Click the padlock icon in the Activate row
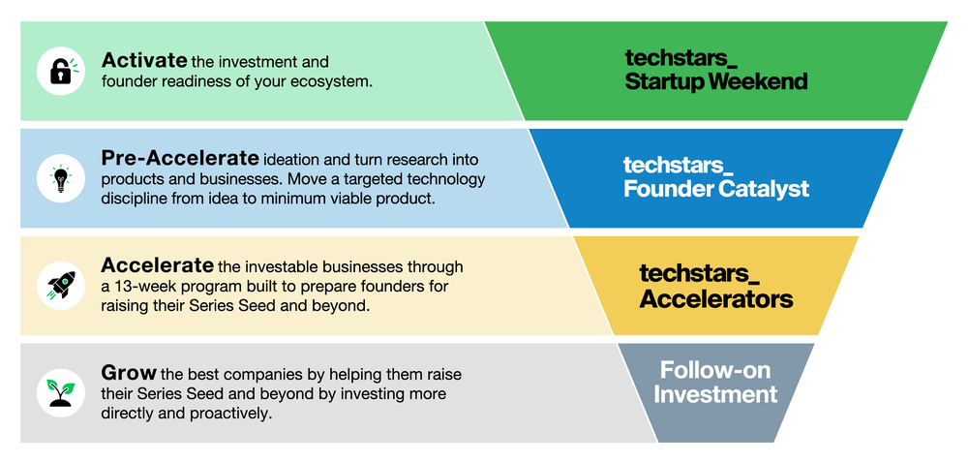click(60, 71)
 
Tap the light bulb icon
click(60, 178)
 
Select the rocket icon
click(60, 285)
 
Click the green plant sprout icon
click(60, 391)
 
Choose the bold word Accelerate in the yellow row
click(157, 265)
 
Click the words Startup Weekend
click(715, 82)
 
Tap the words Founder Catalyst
click(715, 189)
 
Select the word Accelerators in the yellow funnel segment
click(715, 298)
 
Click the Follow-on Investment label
click(715, 382)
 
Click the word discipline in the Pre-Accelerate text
click(136, 200)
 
